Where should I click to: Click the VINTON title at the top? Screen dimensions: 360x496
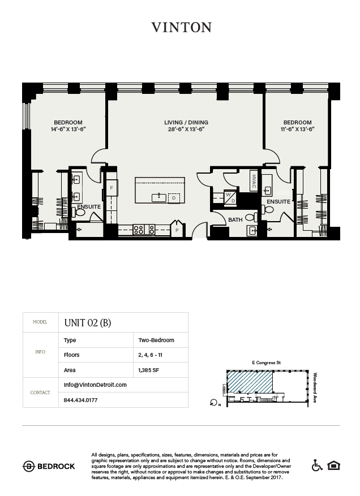182,28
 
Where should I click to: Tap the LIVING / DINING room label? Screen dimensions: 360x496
186,122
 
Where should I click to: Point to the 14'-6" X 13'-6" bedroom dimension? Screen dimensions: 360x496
68,129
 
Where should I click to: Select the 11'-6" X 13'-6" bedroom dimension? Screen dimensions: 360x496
297,129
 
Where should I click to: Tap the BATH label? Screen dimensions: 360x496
235,219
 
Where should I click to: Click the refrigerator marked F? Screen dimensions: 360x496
112,188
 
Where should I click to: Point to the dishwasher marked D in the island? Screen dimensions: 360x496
174,198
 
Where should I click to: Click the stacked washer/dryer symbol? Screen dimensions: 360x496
230,198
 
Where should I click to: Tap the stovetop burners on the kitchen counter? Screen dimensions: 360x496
144,230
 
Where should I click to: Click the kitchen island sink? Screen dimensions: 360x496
159,198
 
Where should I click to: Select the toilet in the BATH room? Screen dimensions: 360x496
251,217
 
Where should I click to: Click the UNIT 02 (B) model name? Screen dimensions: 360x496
88,322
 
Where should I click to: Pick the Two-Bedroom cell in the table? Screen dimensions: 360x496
156,340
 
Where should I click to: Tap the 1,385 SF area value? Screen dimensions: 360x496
148,370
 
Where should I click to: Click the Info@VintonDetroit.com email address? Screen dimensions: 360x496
95,385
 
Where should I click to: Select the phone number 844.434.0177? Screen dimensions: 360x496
80,400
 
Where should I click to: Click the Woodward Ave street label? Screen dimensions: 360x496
315,387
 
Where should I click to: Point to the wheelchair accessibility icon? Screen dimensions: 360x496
317,465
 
